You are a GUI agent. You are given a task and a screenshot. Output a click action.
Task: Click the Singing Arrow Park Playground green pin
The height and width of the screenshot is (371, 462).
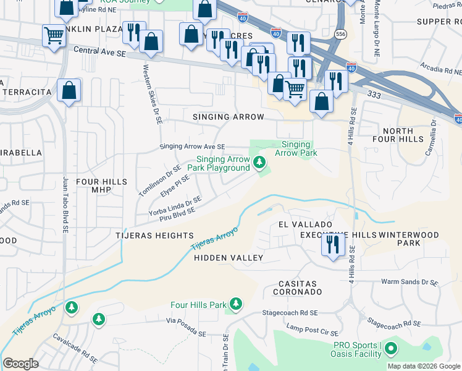[259, 163]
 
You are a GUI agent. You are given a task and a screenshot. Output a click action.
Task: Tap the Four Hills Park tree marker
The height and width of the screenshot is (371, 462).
[235, 304]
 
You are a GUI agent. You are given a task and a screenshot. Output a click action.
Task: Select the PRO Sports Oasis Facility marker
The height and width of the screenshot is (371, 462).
[390, 350]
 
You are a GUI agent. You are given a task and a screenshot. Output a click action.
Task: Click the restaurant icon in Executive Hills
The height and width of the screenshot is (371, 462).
[332, 245]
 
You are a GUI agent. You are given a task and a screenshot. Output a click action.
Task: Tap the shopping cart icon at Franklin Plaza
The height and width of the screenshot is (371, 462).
[54, 35]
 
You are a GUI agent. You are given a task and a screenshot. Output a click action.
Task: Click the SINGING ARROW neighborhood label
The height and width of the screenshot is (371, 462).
[228, 117]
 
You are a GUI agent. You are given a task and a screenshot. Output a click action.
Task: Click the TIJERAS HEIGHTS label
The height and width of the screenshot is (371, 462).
[154, 236]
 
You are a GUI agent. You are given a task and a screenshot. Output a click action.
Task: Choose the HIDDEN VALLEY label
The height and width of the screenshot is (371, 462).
[229, 258]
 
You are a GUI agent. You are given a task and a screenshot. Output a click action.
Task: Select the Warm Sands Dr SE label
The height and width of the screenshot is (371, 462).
[409, 282]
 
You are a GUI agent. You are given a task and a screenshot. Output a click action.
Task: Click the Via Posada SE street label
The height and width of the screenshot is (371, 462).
[185, 327]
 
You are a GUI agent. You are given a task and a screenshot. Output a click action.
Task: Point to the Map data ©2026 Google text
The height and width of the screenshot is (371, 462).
[424, 366]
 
